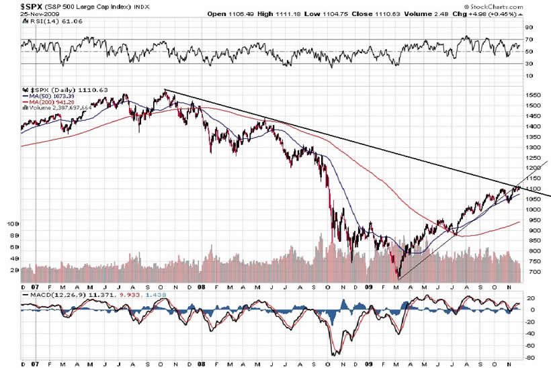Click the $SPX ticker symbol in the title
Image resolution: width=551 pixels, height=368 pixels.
12,5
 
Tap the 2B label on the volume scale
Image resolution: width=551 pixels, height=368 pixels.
12,270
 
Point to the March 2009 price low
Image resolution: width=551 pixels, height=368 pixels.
398,277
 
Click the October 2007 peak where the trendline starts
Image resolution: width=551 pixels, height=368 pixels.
165,90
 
